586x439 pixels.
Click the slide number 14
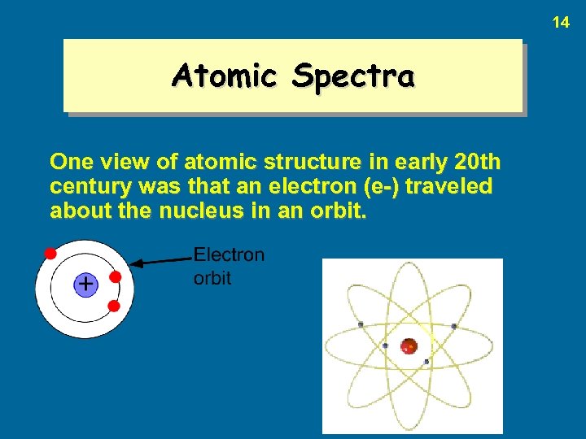tap(561, 23)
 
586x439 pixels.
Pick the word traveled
tap(449, 186)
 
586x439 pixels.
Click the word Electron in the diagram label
tap(229, 254)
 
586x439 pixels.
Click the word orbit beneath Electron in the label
tap(212, 278)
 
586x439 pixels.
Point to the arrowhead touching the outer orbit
tap(138, 263)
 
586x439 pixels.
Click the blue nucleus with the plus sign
tap(85, 285)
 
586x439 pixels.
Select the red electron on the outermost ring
tap(50, 253)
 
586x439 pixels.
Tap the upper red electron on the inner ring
tap(116, 276)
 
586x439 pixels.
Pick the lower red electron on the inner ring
tap(114, 306)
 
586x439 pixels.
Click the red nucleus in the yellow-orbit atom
tap(409, 346)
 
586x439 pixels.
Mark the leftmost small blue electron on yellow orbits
tap(360, 325)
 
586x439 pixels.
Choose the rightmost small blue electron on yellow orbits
tap(453, 326)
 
